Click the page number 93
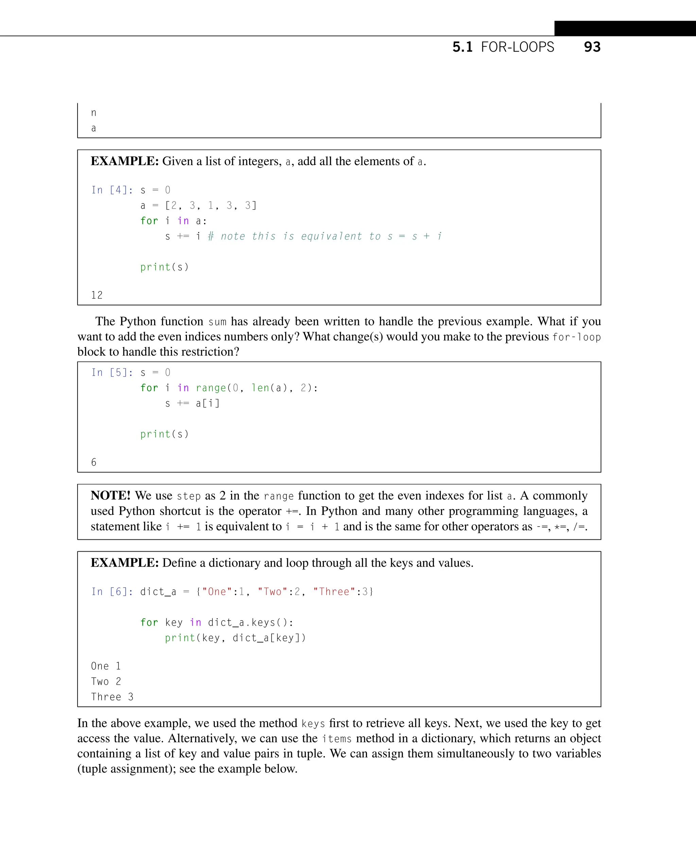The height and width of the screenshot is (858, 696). (592, 47)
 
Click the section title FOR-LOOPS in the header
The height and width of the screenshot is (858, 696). (517, 47)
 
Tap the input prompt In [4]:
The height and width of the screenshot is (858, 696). (112, 190)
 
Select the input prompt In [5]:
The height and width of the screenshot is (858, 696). (112, 373)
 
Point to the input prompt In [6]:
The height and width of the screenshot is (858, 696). (112, 592)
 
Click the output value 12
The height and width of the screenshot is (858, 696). (97, 296)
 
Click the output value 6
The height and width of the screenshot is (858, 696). (94, 463)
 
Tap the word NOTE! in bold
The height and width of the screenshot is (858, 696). (111, 496)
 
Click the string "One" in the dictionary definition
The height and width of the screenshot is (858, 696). (217, 592)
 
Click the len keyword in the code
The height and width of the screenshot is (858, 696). (260, 388)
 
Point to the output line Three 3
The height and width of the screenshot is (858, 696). (112, 697)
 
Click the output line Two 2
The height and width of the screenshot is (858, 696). (106, 682)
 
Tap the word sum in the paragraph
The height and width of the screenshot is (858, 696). (217, 322)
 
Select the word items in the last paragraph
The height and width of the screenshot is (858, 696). (336, 738)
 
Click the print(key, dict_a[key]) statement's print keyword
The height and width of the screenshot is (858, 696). (180, 638)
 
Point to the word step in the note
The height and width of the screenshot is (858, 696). (188, 496)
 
